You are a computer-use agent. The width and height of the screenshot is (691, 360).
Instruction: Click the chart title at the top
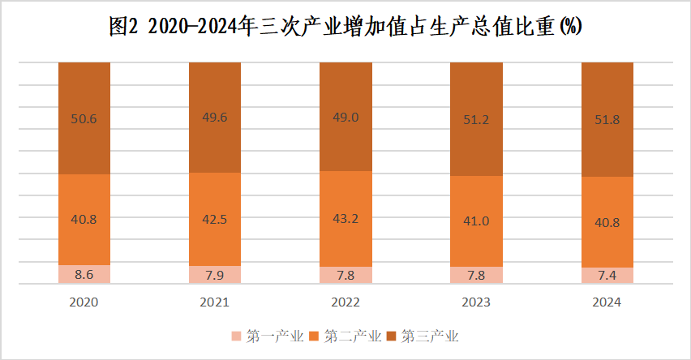tap(345, 27)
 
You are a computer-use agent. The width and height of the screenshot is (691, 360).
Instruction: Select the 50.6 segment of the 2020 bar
tap(84, 118)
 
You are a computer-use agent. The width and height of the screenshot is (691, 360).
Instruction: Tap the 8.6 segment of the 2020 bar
tap(84, 274)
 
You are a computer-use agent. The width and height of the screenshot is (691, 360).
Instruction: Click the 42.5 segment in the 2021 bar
tap(215, 219)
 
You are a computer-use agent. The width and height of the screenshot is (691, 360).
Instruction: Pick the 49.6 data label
tap(215, 118)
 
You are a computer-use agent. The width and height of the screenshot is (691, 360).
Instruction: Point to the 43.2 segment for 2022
tap(345, 219)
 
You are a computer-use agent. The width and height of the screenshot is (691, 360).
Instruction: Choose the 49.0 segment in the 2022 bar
tap(345, 117)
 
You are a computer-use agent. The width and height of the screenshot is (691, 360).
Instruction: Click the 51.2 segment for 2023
tap(476, 119)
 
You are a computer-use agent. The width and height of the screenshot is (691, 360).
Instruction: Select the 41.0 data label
tap(476, 221)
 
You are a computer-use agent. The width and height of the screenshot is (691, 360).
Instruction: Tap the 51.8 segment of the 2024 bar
tap(607, 120)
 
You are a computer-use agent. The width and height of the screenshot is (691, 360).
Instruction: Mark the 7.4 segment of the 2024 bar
tap(607, 276)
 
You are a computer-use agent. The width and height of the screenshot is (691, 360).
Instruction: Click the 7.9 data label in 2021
tap(215, 275)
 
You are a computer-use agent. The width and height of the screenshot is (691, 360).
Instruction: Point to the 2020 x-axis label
tap(84, 302)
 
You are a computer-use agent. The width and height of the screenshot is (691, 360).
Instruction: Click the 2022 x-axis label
tap(345, 302)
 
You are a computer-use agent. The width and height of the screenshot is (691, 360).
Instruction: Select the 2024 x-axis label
tap(607, 302)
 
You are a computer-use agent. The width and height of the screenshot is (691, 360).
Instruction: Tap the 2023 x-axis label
tap(476, 302)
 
